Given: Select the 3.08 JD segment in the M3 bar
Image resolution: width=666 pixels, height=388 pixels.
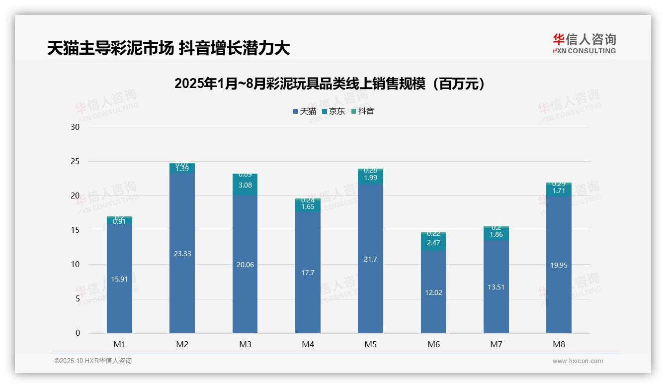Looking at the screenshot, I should tap(245, 185).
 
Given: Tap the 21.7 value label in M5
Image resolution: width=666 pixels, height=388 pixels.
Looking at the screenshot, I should tap(370, 259).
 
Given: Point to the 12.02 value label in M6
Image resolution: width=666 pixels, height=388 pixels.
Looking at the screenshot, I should tap(433, 292).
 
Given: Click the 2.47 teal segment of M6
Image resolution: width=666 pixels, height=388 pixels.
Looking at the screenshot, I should tap(433, 243).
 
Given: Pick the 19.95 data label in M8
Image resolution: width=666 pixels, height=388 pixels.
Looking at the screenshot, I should tap(559, 265).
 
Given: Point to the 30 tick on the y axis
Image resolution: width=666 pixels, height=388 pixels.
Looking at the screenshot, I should tap(76, 127).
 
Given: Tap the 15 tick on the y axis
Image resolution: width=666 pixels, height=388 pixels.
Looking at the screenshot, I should tap(76, 230).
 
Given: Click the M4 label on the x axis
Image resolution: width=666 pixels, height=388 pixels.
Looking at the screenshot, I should tap(308, 344).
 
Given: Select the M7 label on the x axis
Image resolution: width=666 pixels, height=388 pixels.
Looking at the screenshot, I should tap(496, 344).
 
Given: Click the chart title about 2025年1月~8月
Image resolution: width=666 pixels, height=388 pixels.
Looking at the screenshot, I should tap(330, 84).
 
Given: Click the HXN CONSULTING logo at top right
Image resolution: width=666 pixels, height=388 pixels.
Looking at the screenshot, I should tap(584, 44).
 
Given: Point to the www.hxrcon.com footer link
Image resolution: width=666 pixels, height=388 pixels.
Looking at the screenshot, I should tap(577, 361).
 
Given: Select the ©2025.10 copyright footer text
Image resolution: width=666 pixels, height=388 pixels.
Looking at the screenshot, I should tap(93, 361).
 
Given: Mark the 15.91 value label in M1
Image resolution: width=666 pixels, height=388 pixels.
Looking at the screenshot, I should tap(119, 279).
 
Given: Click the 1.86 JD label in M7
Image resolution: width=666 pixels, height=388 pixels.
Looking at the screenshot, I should tap(496, 234).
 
